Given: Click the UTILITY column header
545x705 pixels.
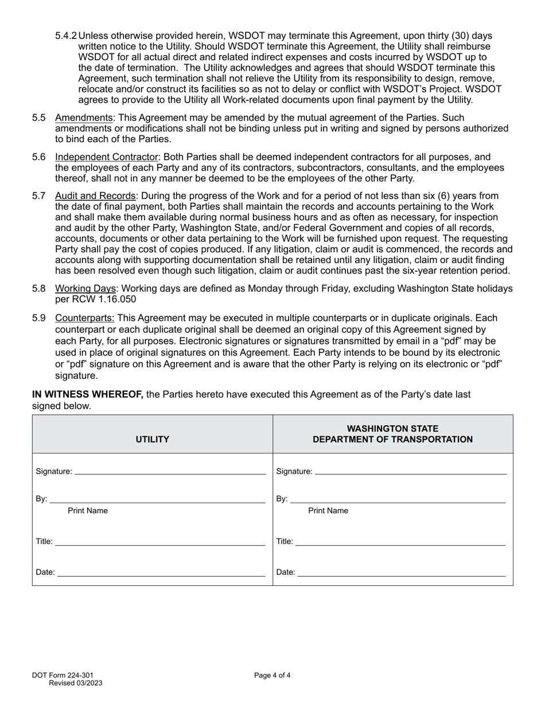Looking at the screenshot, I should [x=152, y=440].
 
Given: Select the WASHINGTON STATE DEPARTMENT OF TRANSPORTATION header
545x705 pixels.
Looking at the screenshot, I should [x=392, y=434].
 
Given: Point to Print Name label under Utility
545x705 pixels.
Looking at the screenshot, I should [x=88, y=511].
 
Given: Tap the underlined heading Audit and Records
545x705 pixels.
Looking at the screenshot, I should [x=95, y=196].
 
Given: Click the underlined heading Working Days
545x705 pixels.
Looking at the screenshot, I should [x=85, y=288].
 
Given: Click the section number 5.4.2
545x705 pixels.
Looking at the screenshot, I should [x=66, y=36].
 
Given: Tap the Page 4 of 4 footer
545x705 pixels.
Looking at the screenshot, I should [x=272, y=675].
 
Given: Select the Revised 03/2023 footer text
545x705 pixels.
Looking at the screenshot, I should [x=76, y=683].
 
